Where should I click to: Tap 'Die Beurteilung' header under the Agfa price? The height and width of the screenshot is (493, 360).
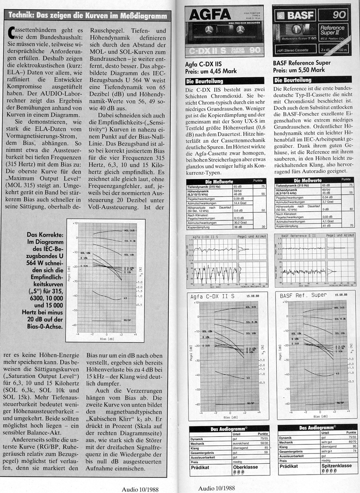pyautogui.click(x=204, y=81)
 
